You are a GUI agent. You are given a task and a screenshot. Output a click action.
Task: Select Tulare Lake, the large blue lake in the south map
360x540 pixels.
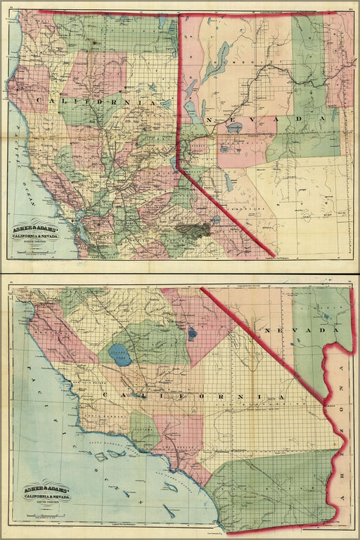[x=120, y=355]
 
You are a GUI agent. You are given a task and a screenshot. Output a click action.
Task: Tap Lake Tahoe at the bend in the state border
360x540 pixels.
[x=175, y=163]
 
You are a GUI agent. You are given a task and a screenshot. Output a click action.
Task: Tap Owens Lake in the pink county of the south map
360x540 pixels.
[x=192, y=333]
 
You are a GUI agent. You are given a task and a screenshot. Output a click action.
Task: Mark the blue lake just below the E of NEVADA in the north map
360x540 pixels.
[x=234, y=128]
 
